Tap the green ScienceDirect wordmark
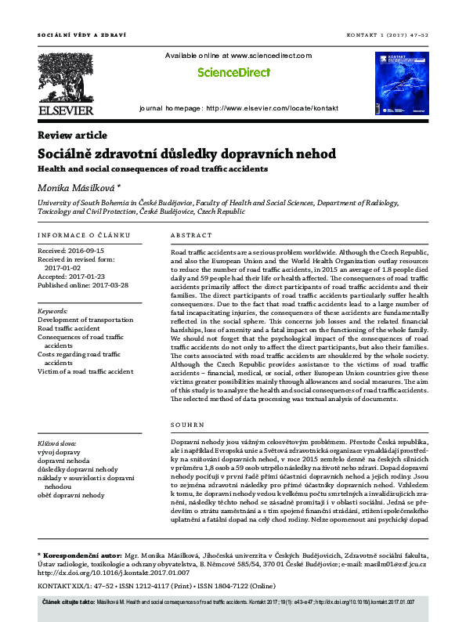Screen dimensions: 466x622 coord(233,72)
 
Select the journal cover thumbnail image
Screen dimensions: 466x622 coord(402,85)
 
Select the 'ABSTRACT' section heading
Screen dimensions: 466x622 coord(191,236)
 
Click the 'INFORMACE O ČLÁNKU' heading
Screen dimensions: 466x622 coord(85,236)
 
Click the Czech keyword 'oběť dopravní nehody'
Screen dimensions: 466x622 coord(71,495)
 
